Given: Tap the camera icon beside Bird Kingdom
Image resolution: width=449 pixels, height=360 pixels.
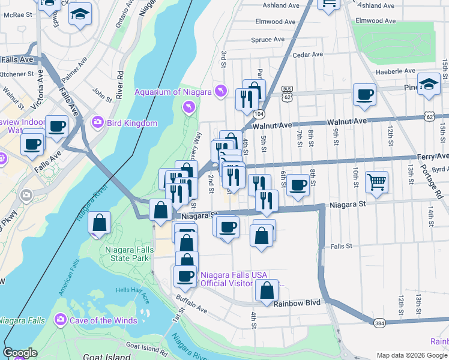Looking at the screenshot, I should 97,123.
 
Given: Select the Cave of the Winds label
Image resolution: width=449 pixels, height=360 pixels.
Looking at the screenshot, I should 98,320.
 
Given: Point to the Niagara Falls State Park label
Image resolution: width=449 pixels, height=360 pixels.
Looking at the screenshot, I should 127,254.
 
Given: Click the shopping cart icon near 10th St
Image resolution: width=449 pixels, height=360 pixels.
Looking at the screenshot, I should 376,181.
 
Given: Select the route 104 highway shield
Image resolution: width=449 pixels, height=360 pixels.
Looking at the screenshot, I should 259,113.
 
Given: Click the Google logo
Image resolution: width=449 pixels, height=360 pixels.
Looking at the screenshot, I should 20,353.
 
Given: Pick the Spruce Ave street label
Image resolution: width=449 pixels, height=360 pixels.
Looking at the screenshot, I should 268,40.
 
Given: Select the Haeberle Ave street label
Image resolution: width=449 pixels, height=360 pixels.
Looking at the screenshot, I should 394,71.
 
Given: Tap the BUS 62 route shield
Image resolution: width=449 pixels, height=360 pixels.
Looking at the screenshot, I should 288,93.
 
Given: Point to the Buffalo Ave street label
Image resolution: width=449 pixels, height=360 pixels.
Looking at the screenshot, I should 191,307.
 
